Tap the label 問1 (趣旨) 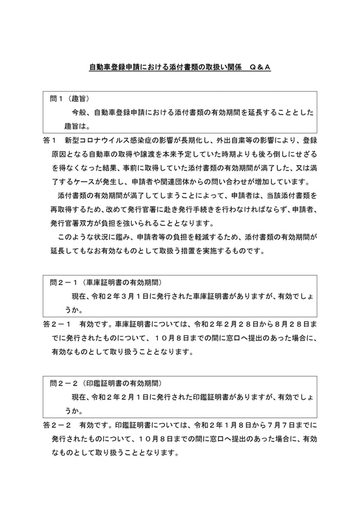[69, 99]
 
